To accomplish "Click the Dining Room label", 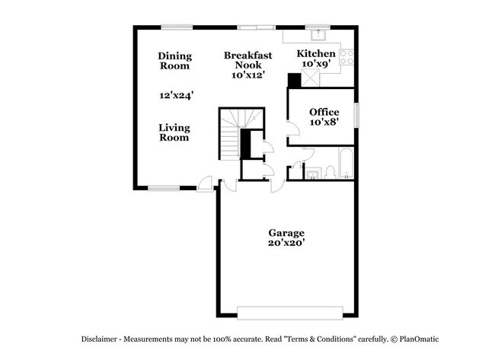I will tap(174, 61).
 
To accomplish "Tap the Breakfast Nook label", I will tap(247, 65).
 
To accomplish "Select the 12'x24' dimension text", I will tap(176, 96).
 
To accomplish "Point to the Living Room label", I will tap(174, 132).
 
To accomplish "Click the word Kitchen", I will tap(315, 53).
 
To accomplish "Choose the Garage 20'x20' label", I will tap(286, 237).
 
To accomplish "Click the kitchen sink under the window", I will tap(318, 35).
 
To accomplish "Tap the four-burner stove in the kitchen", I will tap(346, 54).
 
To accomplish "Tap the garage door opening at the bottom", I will tap(286, 312).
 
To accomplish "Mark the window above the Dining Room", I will tap(176, 27).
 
